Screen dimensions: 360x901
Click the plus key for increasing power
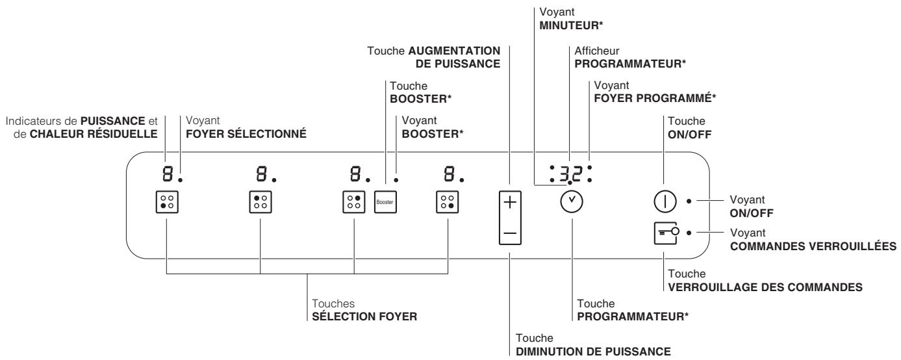coord(510,203)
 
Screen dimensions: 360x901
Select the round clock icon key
coord(572,202)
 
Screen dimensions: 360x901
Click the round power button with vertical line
coord(663,201)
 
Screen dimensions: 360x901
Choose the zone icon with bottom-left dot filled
coord(167,202)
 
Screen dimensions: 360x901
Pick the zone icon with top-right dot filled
coord(354,202)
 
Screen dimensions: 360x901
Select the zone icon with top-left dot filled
coord(260,202)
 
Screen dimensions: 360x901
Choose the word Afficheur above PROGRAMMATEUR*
coord(591,51)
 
